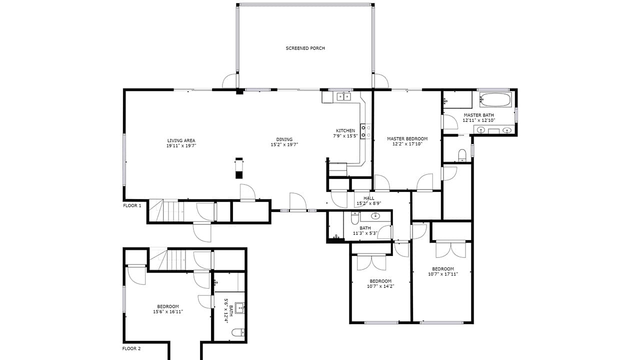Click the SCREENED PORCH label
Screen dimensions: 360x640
[305, 48]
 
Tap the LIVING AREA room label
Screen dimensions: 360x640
[181, 140]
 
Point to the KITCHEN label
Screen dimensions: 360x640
[345, 130]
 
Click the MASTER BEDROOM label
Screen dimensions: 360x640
[407, 138]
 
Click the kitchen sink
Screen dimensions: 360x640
[343, 96]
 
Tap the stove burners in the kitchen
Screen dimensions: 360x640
[366, 131]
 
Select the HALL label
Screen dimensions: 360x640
[369, 198]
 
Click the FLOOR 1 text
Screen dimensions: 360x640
[132, 205]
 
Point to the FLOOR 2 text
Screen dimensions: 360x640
[132, 348]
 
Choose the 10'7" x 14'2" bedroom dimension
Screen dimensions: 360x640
[380, 286]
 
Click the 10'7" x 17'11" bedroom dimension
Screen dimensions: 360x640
[443, 274]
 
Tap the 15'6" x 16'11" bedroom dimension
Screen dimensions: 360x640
[168, 311]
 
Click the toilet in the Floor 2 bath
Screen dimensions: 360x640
[239, 332]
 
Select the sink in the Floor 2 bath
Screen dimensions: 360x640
[239, 307]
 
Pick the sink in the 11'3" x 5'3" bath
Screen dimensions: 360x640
[375, 216]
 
